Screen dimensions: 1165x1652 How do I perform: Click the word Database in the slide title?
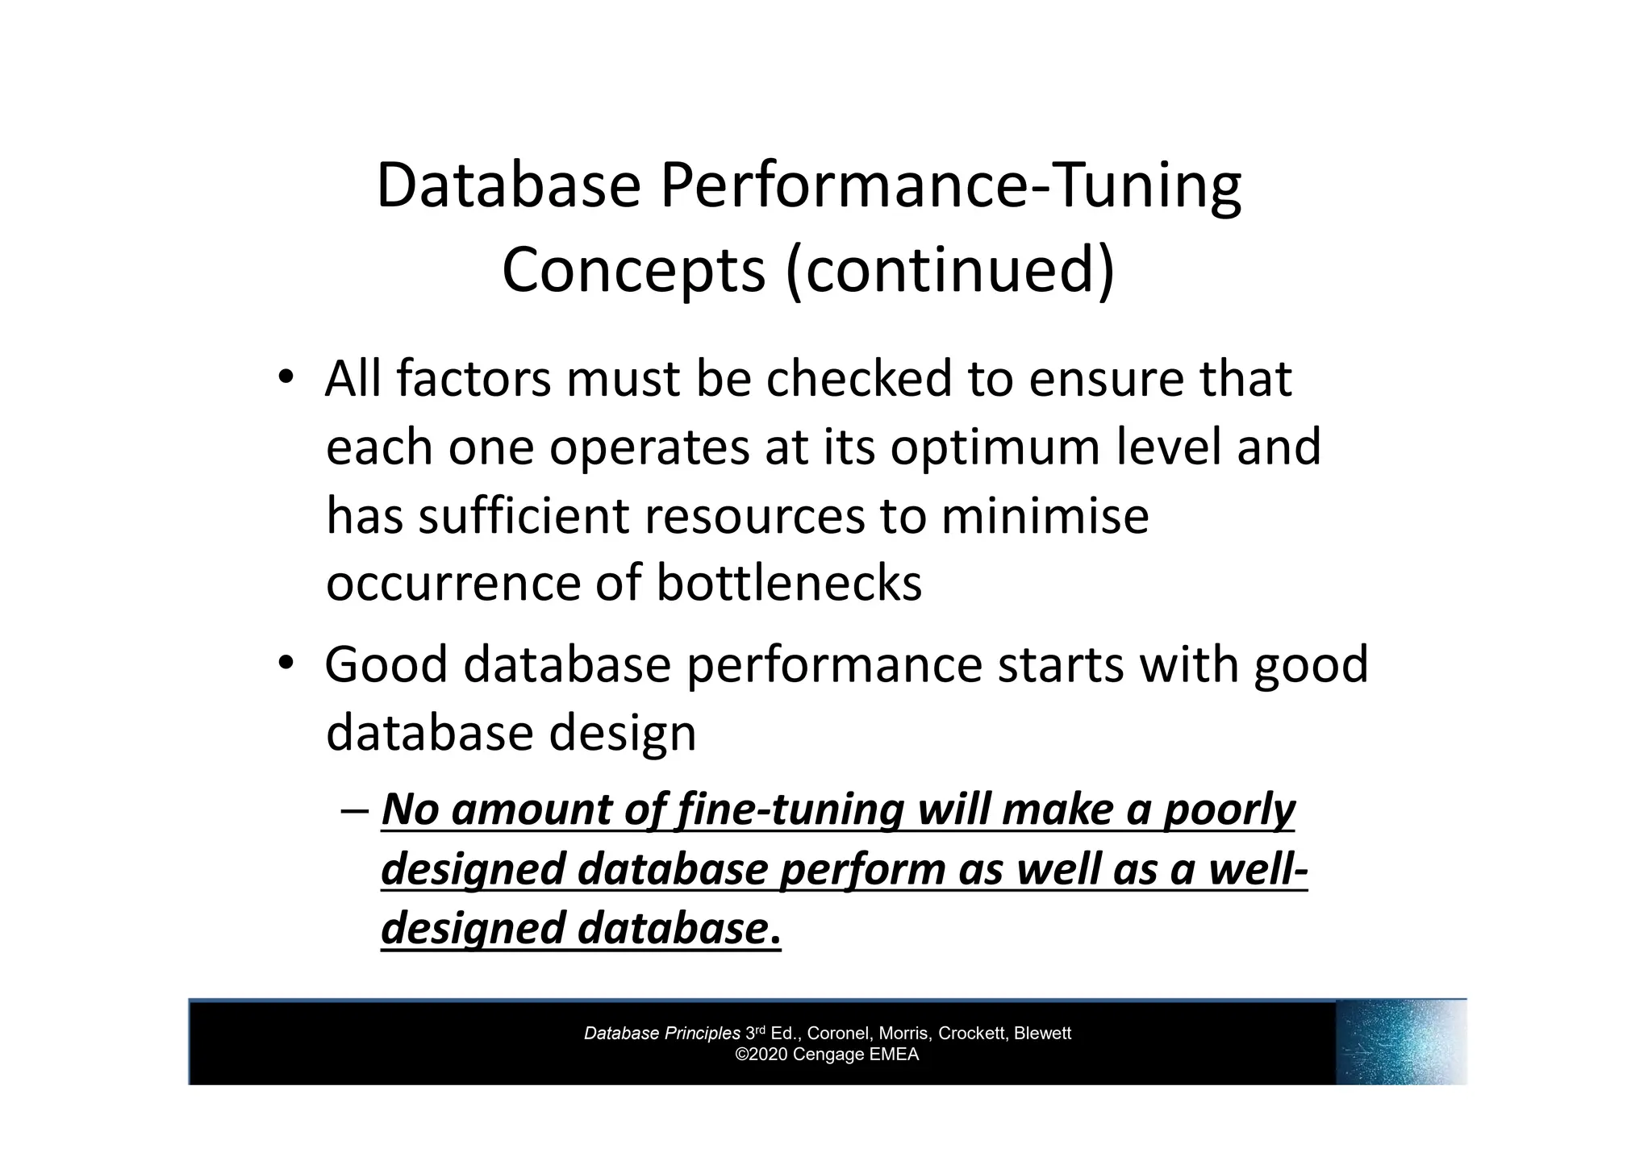pyautogui.click(x=508, y=185)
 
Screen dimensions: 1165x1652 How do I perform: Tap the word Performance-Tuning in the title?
pyautogui.click(x=950, y=187)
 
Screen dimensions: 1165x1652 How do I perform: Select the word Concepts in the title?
pyautogui.click(x=633, y=270)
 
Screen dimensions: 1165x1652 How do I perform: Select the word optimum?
pyautogui.click(x=995, y=447)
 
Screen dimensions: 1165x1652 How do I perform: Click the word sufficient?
pyautogui.click(x=524, y=516)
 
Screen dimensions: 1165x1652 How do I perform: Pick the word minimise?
pyautogui.click(x=1045, y=516)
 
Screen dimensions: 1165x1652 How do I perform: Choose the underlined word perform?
pyautogui.click(x=862, y=870)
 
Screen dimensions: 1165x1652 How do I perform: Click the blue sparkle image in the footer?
pyautogui.click(x=1400, y=1042)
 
